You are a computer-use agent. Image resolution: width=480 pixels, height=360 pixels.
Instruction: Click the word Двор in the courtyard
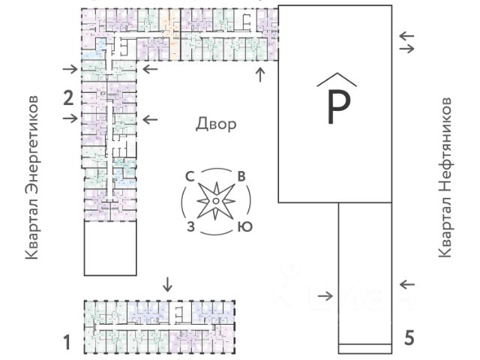pos(216,124)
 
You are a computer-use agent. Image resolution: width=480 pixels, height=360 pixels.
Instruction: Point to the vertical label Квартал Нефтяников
pos(445,177)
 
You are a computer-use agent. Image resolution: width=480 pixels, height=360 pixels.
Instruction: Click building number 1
pos(67,343)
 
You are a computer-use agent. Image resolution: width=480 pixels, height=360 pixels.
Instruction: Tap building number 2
pos(67,97)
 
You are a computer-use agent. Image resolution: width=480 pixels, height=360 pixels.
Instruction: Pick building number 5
pos(409,337)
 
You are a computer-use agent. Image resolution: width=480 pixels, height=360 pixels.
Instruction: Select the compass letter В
pos(241,177)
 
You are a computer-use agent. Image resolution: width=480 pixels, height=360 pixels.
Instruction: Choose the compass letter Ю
pos(243,226)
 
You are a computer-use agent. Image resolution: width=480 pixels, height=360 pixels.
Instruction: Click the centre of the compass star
pos(215,201)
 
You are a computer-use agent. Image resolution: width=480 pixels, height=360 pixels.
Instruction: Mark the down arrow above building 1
pos(167,284)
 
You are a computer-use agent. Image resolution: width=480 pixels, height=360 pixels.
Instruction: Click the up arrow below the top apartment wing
pos(261,73)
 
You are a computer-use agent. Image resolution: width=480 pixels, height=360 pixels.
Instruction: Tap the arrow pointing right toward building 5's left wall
pos(325,294)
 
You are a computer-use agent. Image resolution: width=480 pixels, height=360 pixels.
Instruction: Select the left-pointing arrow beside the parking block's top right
pos(406,35)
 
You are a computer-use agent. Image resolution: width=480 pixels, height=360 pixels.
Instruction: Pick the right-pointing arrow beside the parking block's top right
pos(406,49)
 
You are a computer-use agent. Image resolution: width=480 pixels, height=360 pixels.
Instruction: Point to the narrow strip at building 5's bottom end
pos(364,348)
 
